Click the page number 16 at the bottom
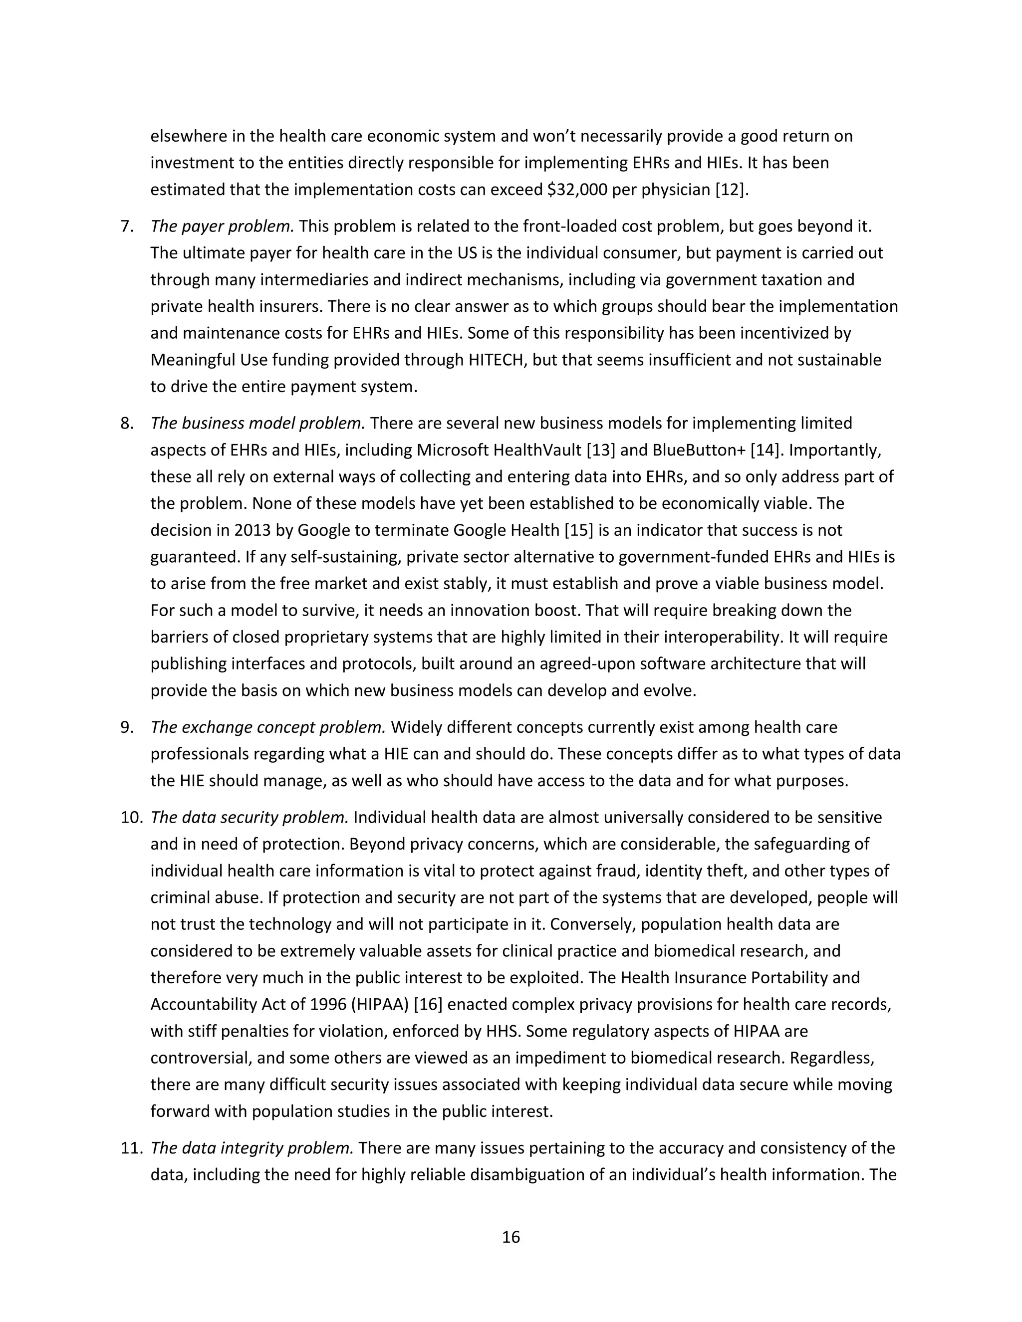(511, 1237)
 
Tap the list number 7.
(127, 226)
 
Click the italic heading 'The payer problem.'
(222, 226)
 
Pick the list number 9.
(127, 727)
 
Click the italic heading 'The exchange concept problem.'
(268, 727)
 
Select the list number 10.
(131, 818)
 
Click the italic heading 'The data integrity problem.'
(252, 1148)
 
